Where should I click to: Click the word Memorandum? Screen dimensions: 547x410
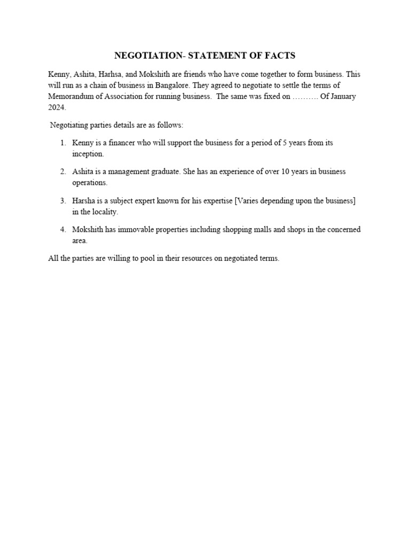point(70,97)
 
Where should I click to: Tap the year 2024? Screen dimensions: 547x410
point(57,107)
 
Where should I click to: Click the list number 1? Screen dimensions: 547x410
point(62,143)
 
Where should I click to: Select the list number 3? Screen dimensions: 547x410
point(62,201)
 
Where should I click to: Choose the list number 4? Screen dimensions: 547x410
point(62,230)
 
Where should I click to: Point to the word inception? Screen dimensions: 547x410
point(88,154)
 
